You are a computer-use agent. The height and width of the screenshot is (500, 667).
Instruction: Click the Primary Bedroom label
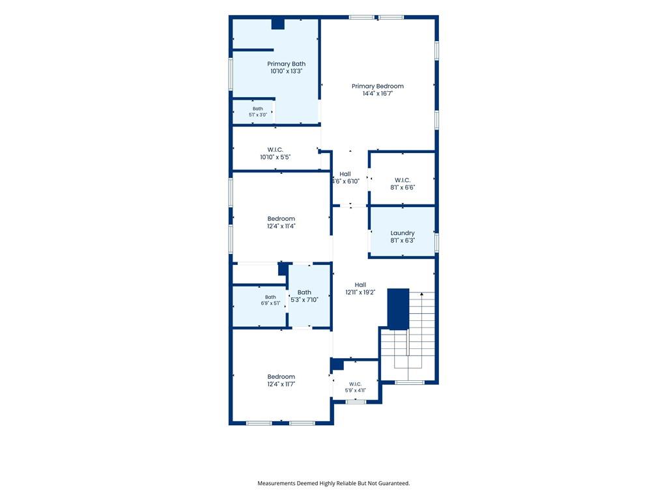[377, 87]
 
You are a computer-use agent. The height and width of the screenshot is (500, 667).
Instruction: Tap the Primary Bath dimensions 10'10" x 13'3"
[287, 72]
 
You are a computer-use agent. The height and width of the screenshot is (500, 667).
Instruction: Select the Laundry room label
[403, 233]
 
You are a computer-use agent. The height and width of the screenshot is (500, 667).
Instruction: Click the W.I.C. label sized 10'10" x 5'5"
[276, 150]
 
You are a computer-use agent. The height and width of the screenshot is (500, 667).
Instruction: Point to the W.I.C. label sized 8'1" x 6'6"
[403, 180]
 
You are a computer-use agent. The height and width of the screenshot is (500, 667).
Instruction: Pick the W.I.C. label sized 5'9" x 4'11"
[355, 384]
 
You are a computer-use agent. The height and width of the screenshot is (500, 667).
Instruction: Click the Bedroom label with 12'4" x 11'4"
[281, 219]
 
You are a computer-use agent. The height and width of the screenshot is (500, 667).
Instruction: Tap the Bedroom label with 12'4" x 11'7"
[281, 377]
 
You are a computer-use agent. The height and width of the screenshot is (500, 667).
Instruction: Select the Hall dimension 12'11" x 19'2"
[360, 292]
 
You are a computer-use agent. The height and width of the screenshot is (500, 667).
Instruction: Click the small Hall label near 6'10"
[345, 174]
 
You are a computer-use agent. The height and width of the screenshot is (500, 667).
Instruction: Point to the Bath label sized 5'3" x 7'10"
[304, 292]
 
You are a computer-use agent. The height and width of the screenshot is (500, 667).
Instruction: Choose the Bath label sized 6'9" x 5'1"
[270, 297]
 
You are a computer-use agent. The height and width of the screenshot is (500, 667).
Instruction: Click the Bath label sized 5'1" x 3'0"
[258, 109]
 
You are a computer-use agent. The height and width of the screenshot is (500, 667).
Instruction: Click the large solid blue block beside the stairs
[398, 309]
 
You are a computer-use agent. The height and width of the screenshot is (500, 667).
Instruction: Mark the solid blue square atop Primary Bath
[277, 24]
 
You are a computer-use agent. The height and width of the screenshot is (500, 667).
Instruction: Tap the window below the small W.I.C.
[356, 402]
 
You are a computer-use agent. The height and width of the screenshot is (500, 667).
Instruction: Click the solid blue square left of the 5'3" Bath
[283, 269]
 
